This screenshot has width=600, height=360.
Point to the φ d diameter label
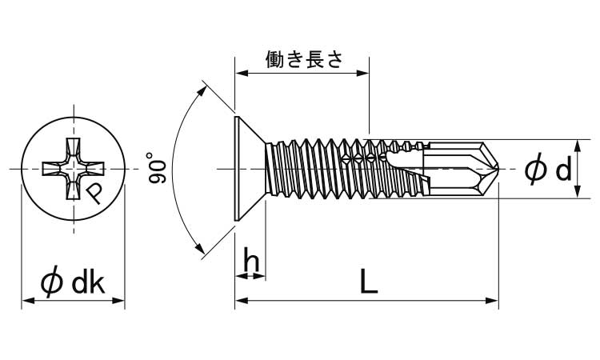(548, 170)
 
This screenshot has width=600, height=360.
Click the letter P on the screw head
(94, 193)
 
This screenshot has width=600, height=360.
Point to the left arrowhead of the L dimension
(240, 302)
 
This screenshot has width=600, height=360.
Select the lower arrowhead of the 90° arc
(200, 249)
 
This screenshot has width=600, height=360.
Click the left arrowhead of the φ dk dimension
(26, 302)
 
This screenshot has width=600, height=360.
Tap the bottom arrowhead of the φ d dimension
(578, 194)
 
